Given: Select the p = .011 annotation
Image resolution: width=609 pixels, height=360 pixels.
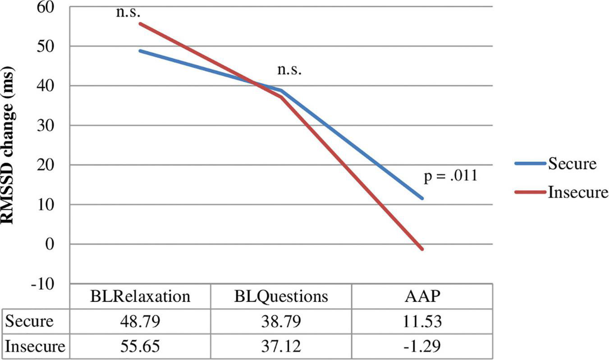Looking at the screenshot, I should (x=450, y=176).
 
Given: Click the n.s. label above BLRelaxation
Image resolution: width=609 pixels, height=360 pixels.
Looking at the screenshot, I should (x=129, y=12).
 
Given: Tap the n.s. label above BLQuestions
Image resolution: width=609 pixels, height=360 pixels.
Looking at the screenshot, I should (x=288, y=70).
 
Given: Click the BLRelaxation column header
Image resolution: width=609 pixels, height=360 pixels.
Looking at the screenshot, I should (x=140, y=296).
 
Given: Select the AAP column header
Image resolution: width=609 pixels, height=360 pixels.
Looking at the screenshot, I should (x=422, y=296).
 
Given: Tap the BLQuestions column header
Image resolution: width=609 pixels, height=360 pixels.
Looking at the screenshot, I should (x=281, y=296).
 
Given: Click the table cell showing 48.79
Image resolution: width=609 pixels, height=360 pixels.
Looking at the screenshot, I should (x=140, y=322).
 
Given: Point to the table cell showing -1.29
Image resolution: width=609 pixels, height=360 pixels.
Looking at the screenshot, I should (x=422, y=347).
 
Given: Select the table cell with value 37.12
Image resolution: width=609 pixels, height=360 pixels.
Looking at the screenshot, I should (x=281, y=347).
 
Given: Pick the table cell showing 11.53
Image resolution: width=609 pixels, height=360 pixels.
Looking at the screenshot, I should (x=422, y=322).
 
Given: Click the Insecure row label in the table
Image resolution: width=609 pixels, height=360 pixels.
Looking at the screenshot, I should (x=35, y=347).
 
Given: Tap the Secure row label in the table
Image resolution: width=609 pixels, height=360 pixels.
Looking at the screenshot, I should (x=29, y=322).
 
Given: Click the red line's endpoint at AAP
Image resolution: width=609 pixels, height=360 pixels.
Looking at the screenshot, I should (x=422, y=249).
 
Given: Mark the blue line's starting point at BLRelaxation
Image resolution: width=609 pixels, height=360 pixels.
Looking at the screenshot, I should (x=140, y=51).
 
